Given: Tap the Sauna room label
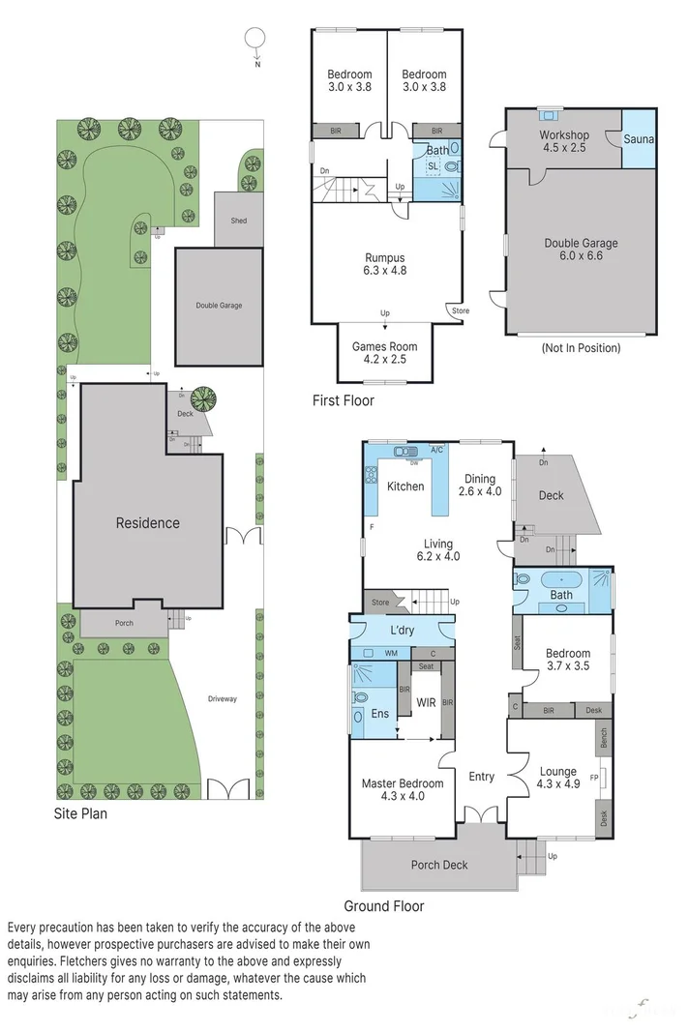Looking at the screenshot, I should pyautogui.click(x=638, y=139).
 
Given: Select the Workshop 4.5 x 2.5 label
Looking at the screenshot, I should pyautogui.click(x=564, y=142).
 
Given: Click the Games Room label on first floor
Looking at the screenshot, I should pyautogui.click(x=384, y=353).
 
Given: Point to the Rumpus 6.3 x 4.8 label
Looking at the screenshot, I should pyautogui.click(x=384, y=264).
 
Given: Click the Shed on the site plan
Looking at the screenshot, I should pyautogui.click(x=238, y=221).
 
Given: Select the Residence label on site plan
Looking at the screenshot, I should pyautogui.click(x=148, y=523).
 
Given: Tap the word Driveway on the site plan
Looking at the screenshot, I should pyautogui.click(x=222, y=698).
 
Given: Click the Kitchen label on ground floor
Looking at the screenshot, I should pyautogui.click(x=405, y=486).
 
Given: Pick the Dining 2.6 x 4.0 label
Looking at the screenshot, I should pyautogui.click(x=481, y=485).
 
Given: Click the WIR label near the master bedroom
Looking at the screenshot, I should pyautogui.click(x=426, y=702).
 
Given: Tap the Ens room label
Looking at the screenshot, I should pyautogui.click(x=381, y=714).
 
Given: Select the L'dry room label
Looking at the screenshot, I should pyautogui.click(x=402, y=631).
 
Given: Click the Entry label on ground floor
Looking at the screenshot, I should pyautogui.click(x=481, y=777).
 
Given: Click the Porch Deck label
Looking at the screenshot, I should pyautogui.click(x=439, y=865).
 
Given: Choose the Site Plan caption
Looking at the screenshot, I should pyautogui.click(x=80, y=814).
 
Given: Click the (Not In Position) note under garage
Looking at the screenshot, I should pyautogui.click(x=581, y=347).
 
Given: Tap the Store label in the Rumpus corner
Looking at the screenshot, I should pyautogui.click(x=459, y=310).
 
